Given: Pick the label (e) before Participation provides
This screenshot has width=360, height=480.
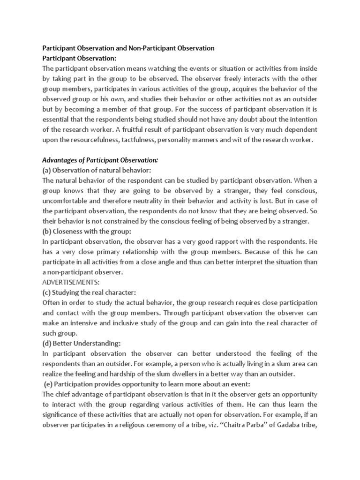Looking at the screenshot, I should tap(49, 384).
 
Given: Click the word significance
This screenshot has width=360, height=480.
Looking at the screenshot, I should tap(64, 415).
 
